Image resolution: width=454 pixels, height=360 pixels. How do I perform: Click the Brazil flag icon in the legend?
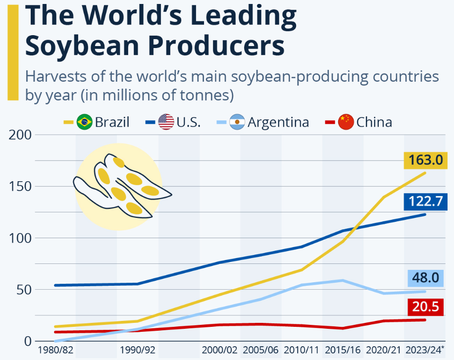point(85,121)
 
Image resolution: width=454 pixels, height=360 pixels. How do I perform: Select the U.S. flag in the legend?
point(166,121)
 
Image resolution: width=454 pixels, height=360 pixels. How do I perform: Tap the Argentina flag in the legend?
point(238,121)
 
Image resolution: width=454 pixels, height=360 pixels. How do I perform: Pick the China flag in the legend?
point(346,121)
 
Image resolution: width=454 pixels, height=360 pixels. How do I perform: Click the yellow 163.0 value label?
point(426,160)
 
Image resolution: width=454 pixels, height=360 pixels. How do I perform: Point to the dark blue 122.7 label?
point(426,202)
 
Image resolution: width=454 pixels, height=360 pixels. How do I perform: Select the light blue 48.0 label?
point(426,278)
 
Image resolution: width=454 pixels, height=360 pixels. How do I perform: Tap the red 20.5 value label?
point(426,307)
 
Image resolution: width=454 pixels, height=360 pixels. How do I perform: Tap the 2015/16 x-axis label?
point(342,350)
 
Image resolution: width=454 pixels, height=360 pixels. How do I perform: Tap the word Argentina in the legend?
point(278,122)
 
